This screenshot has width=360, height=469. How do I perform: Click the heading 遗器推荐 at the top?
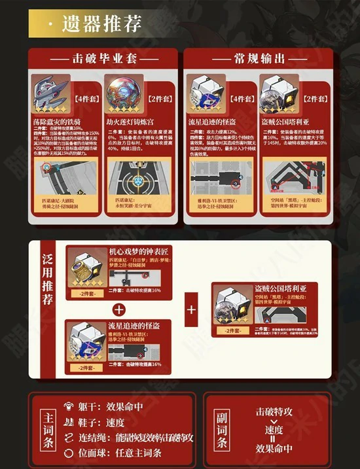pyautogui.click(x=101, y=24)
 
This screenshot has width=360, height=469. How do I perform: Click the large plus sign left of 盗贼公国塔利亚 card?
pyautogui.click(x=192, y=308)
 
